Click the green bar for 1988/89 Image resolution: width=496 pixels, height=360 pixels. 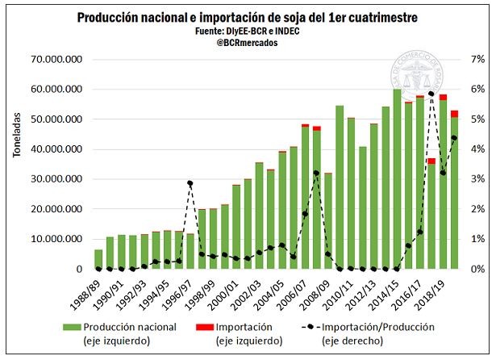pyautogui.click(x=98, y=259)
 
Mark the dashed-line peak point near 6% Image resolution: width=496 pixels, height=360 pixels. pyautogui.click(x=431, y=94)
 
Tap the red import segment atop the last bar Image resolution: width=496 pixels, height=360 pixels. pyautogui.click(x=454, y=114)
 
